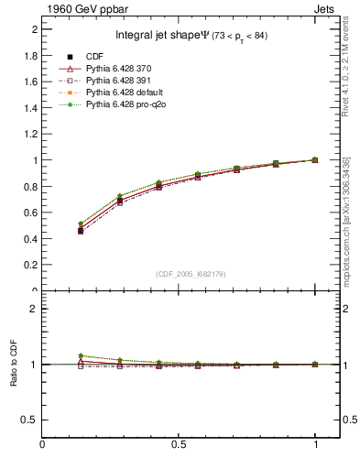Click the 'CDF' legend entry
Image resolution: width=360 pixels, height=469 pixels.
pos(95,58)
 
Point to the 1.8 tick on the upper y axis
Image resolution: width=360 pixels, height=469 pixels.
pos(33,55)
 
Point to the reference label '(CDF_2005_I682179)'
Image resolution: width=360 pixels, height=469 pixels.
pos(191,274)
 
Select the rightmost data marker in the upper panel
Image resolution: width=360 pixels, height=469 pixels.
pos(315,160)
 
